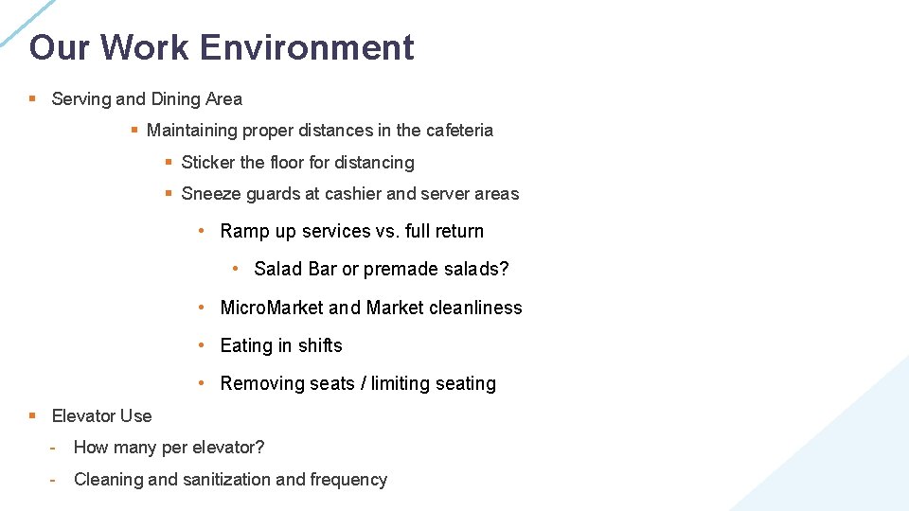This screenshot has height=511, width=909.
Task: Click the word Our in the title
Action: click(x=59, y=47)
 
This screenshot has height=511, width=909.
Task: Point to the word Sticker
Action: click(x=207, y=163)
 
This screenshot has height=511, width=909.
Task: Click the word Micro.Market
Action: click(x=272, y=308)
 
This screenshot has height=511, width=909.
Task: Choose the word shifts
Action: click(x=319, y=345)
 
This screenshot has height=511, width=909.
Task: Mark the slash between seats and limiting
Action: click(x=363, y=383)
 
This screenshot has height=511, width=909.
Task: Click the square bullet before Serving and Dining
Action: click(x=32, y=99)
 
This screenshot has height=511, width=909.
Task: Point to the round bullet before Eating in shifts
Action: click(x=202, y=345)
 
